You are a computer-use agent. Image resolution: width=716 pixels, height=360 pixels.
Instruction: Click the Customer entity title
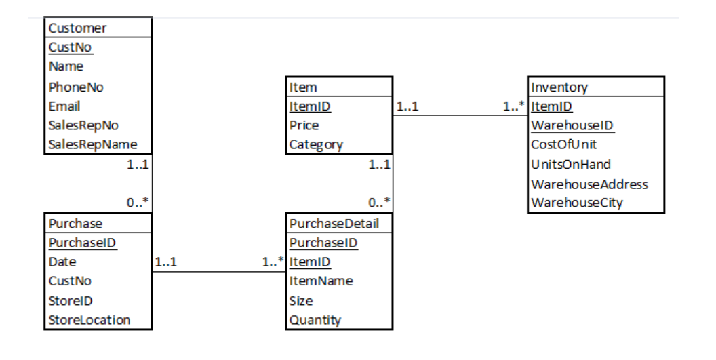(x=77, y=28)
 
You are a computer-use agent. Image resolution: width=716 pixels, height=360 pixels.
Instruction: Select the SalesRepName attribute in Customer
(x=93, y=144)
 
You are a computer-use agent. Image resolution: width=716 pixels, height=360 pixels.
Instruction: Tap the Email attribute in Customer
(x=64, y=106)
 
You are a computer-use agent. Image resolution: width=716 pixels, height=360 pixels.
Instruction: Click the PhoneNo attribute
(x=76, y=87)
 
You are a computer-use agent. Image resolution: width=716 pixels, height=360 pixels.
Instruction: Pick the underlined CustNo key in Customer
(x=71, y=47)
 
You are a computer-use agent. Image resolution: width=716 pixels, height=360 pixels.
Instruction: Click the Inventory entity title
(x=559, y=87)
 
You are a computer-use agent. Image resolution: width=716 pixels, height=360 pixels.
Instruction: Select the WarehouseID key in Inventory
(x=572, y=125)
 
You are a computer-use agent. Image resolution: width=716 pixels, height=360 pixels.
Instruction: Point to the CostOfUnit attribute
(x=564, y=144)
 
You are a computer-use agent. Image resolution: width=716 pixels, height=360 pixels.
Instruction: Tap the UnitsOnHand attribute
(x=571, y=164)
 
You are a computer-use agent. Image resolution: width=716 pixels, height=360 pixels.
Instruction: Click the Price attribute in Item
(x=304, y=125)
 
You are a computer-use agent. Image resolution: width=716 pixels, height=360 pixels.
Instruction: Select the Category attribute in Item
(x=316, y=144)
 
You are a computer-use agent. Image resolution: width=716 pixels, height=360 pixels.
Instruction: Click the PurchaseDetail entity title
(x=334, y=223)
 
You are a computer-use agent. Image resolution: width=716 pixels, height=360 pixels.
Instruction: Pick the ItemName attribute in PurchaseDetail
(x=321, y=281)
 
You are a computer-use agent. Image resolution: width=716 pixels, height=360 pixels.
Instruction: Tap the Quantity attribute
(x=315, y=320)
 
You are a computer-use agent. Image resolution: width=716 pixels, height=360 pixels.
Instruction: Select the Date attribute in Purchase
(x=62, y=262)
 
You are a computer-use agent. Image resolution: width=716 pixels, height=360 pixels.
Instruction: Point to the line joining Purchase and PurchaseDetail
(x=217, y=273)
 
